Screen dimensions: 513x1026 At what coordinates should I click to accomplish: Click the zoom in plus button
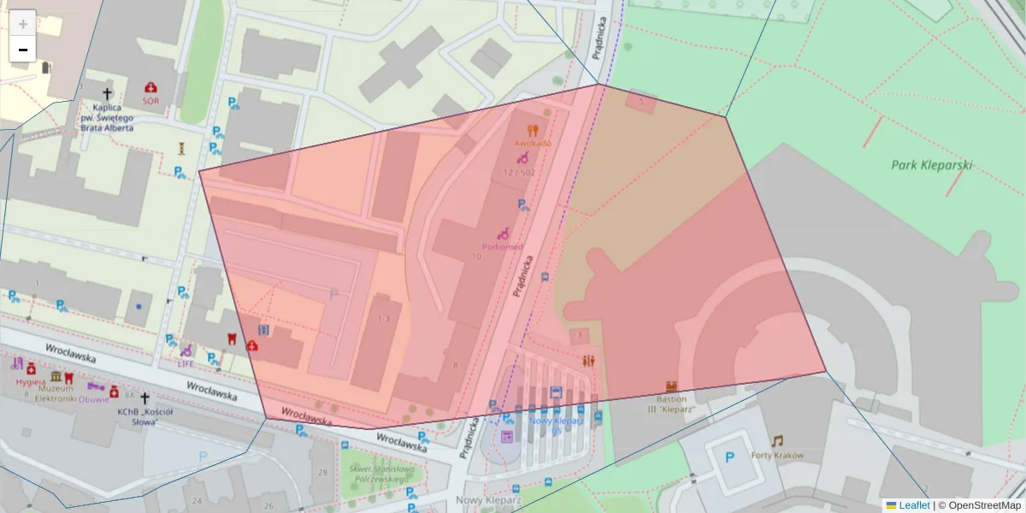[x=23, y=23]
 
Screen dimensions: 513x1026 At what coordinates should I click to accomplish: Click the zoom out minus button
[x=23, y=50]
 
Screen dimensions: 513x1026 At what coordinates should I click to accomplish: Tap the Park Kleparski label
[x=931, y=165]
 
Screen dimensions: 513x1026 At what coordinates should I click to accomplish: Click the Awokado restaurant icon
[x=533, y=130]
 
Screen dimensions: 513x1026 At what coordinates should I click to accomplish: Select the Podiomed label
[x=502, y=247]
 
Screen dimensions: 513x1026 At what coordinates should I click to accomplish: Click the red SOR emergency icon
[x=151, y=87]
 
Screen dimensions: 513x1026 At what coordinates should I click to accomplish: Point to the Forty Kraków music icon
[x=776, y=441]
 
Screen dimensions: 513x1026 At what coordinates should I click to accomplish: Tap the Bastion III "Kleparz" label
[x=671, y=404]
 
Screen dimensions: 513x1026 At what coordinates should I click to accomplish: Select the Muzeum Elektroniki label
[x=56, y=392]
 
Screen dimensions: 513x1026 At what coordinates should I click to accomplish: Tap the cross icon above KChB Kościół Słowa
[x=144, y=398]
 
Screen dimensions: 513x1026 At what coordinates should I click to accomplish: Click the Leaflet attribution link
[x=913, y=505]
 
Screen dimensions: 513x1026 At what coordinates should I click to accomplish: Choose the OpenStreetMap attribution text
[x=983, y=505]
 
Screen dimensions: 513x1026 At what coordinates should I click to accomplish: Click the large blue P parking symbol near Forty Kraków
[x=729, y=457]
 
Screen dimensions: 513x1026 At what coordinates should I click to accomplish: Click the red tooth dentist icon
[x=228, y=337]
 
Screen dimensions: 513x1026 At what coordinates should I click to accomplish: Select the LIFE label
[x=186, y=363]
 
